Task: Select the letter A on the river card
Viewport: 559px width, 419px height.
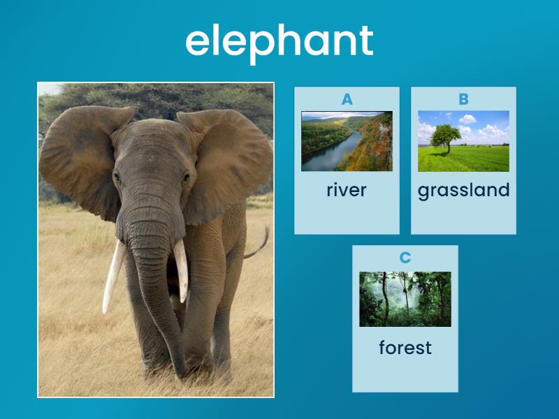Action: click(347, 100)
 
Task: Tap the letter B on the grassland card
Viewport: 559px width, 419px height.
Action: click(463, 100)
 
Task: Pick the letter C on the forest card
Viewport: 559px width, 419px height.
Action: click(405, 258)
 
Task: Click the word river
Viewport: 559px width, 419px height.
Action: click(347, 190)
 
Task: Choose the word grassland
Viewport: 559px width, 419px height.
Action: click(463, 190)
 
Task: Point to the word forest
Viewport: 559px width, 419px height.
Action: click(405, 347)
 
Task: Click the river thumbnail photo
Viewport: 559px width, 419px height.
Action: click(347, 141)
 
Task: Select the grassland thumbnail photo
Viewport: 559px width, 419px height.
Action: click(463, 141)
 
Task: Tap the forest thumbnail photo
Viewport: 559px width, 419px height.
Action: click(405, 299)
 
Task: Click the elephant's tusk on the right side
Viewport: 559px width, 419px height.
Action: click(181, 270)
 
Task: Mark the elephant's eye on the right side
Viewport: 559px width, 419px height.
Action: click(186, 177)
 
